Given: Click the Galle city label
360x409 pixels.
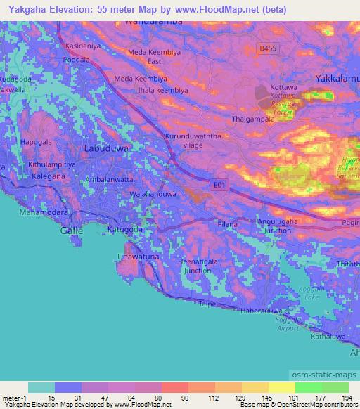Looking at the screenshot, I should [71, 230].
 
